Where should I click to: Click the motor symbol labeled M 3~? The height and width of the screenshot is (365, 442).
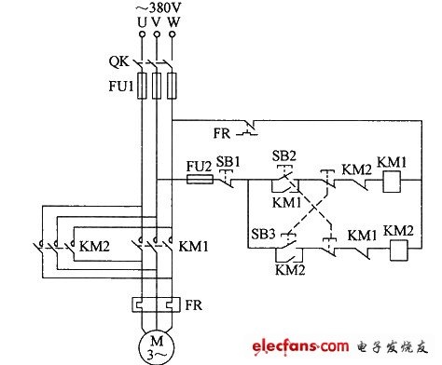pos(157,347)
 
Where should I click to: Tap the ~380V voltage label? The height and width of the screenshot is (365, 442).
pos(159,7)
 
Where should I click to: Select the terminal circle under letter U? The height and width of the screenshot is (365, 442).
pos(142,34)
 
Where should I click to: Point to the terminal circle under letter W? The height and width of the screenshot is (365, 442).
pos(172,34)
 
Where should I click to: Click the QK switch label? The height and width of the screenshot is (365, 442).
pos(118,61)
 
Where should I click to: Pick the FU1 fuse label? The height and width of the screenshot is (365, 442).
pos(121,86)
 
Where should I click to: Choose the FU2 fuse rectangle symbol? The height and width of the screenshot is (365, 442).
pos(200,180)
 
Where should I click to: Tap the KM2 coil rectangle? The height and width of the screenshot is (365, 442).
pos(399,250)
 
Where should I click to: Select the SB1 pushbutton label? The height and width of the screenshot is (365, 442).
pos(228,162)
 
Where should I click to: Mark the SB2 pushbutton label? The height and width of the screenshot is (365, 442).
pos(284,155)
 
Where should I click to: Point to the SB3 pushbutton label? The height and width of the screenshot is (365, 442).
pos(263,234)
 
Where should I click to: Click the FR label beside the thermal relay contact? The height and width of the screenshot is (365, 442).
pos(222,133)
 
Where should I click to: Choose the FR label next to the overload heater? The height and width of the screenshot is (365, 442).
pos(193,305)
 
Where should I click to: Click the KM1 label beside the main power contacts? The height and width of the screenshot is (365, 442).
pos(193,247)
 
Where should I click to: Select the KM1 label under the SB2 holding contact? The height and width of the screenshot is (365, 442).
pos(287,203)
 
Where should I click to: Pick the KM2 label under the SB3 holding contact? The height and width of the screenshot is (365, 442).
pos(290,270)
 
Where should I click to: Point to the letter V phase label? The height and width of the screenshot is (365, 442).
pos(157,21)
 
